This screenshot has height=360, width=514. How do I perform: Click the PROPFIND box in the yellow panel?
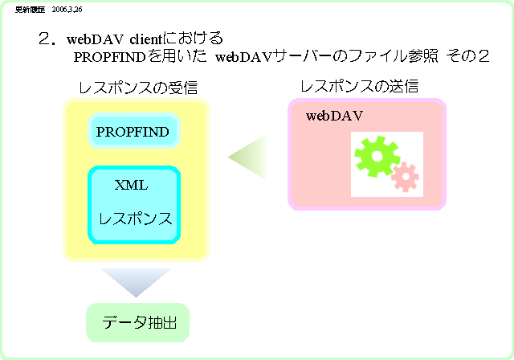click(x=133, y=132)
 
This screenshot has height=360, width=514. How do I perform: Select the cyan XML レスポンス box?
click(x=134, y=204)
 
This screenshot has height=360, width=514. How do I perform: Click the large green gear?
click(x=377, y=156)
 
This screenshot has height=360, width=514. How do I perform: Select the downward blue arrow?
click(x=136, y=282)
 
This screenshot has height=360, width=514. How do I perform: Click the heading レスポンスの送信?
click(x=359, y=86)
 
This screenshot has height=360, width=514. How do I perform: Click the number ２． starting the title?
click(x=45, y=39)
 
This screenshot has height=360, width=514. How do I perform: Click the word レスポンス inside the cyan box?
click(x=136, y=219)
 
